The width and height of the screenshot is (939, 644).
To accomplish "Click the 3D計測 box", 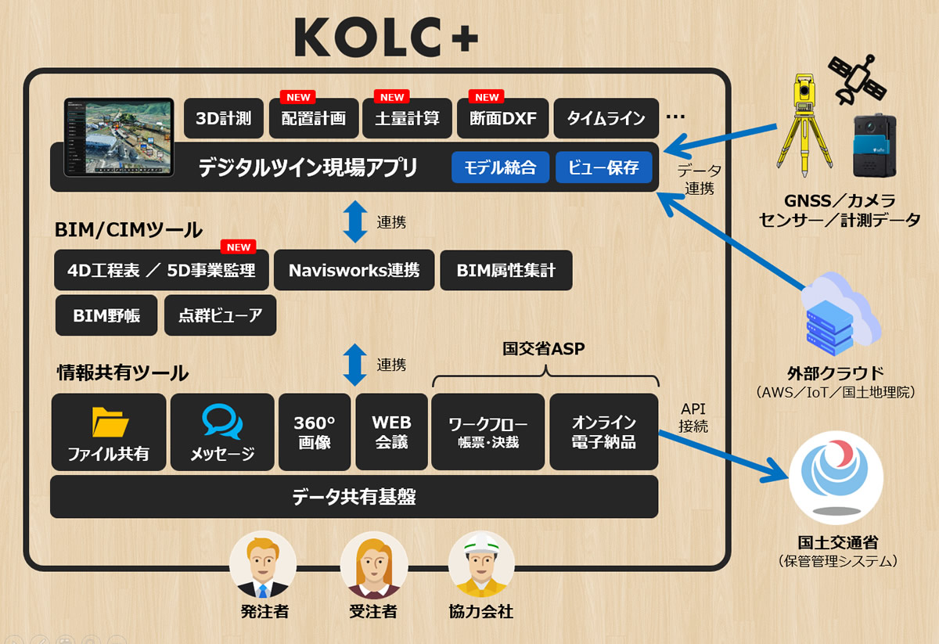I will pos(224,118).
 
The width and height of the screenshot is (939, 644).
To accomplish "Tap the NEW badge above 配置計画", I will pos(298,97).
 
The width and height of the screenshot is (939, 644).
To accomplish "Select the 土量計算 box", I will pos(407,118).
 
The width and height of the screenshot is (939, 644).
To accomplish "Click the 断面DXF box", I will pos(503,118).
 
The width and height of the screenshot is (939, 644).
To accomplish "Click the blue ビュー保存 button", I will pos(603,167).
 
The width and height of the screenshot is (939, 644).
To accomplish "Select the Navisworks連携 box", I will pos(354,271).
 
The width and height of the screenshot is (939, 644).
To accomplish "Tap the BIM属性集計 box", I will pos(506,271).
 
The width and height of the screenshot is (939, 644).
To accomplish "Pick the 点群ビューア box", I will pos(220,315).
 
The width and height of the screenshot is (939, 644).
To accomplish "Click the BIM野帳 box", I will pos(106,315).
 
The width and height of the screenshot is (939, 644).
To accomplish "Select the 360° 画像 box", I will pos(314,432).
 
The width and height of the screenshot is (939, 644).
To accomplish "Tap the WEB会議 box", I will pos(391,432).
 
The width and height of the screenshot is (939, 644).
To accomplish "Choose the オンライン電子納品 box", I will pos(603,432).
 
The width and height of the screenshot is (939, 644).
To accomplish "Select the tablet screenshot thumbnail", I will pos(118,137).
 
